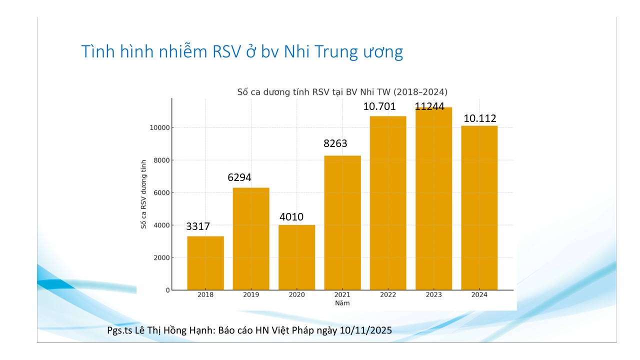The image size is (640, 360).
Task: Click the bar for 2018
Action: click(205, 263)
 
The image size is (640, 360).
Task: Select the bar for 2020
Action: click(296, 257)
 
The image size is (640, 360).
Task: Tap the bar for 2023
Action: click(433, 200)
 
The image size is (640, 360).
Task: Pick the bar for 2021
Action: click(342, 222)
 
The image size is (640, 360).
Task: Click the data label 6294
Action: click(239, 177)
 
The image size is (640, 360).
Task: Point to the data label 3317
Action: click(198, 226)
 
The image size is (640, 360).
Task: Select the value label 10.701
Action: click(379, 106)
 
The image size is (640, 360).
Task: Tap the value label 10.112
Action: click(479, 118)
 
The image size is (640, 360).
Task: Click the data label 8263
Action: click(335, 144)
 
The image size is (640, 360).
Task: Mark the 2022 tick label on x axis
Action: click(388, 295)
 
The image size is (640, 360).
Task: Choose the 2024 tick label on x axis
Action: click(479, 295)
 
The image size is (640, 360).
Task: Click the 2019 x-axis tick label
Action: click(251, 295)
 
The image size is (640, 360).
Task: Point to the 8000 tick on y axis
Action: click(159, 160)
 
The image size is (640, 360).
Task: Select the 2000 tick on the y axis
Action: click(159, 258)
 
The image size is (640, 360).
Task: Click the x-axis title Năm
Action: click(342, 303)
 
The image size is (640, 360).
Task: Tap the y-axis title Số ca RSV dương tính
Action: click(143, 194)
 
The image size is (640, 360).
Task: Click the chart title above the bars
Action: click(342, 92)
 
